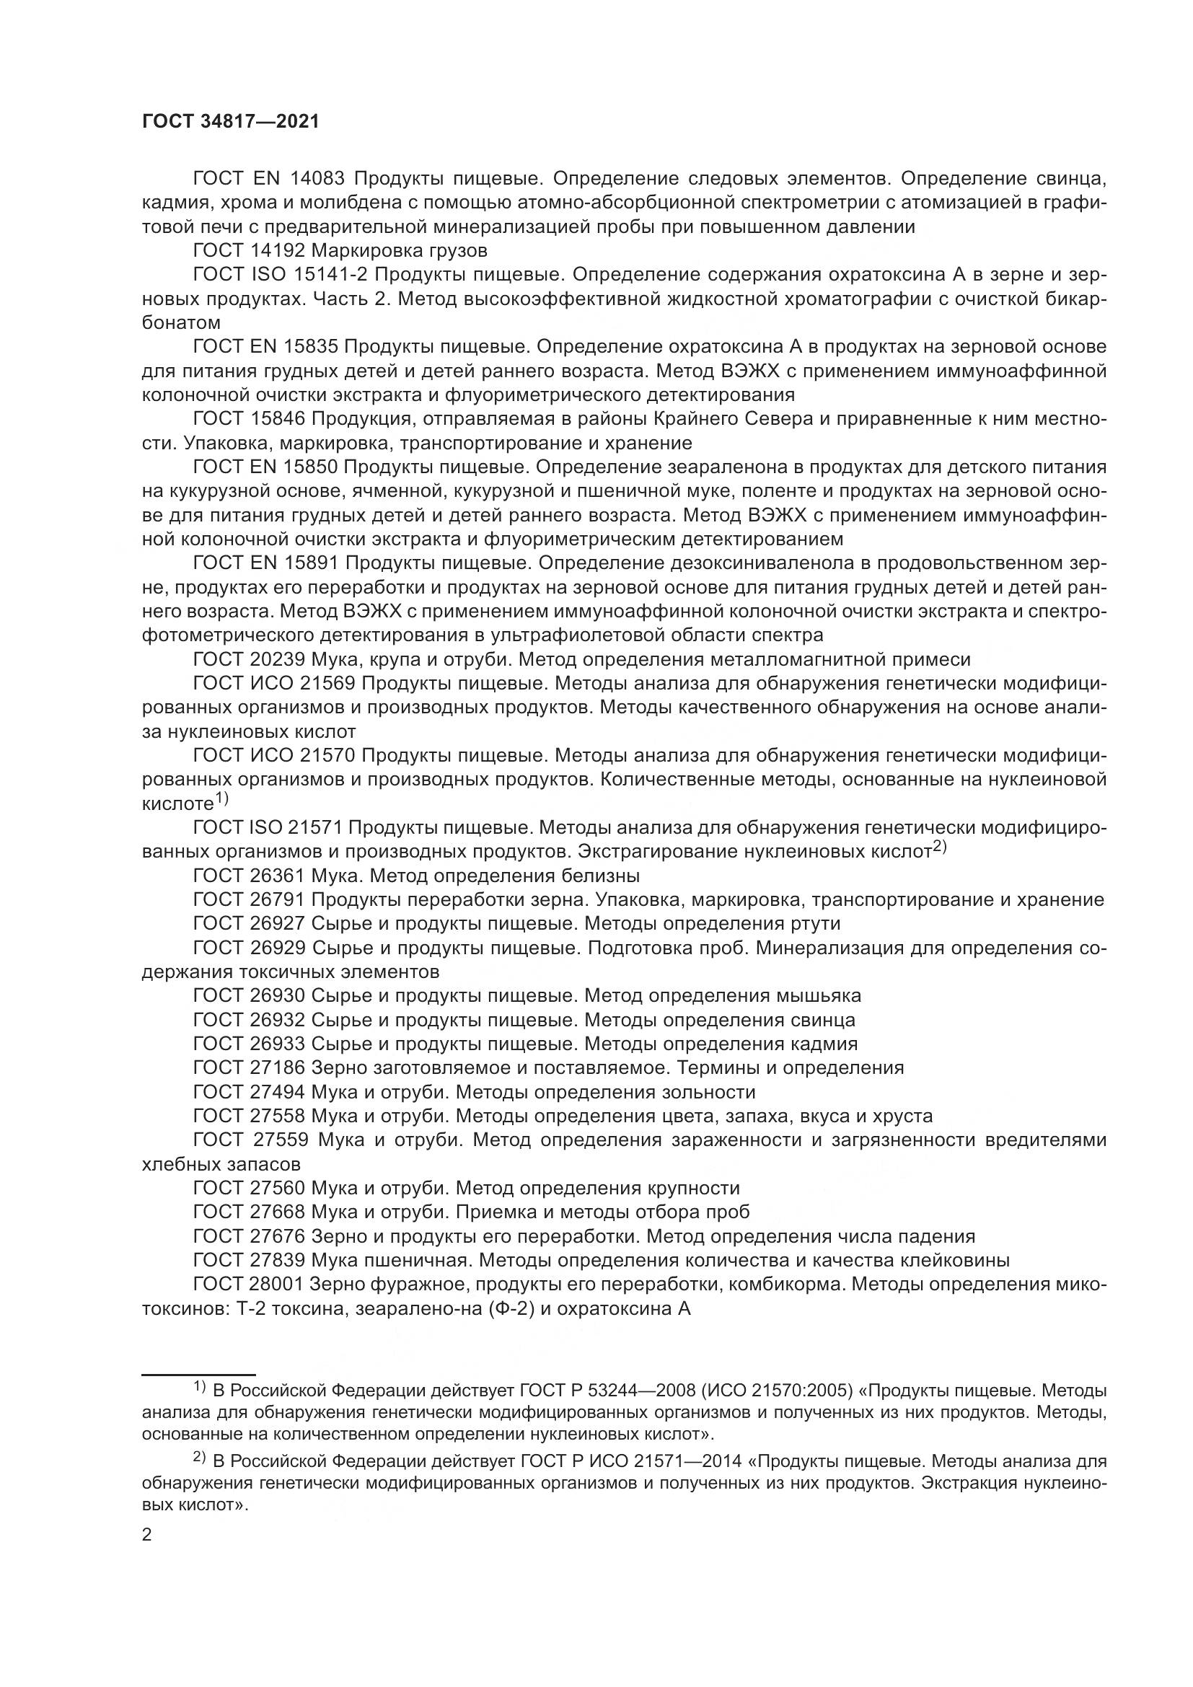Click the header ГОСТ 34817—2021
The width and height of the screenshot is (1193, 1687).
click(231, 122)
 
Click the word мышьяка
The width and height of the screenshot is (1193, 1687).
click(818, 995)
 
